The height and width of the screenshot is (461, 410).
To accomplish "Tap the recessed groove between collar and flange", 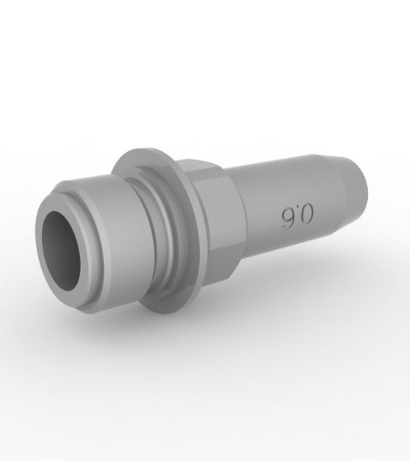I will pos(154,232).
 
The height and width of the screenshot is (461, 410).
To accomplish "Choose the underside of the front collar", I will pos(112,296).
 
